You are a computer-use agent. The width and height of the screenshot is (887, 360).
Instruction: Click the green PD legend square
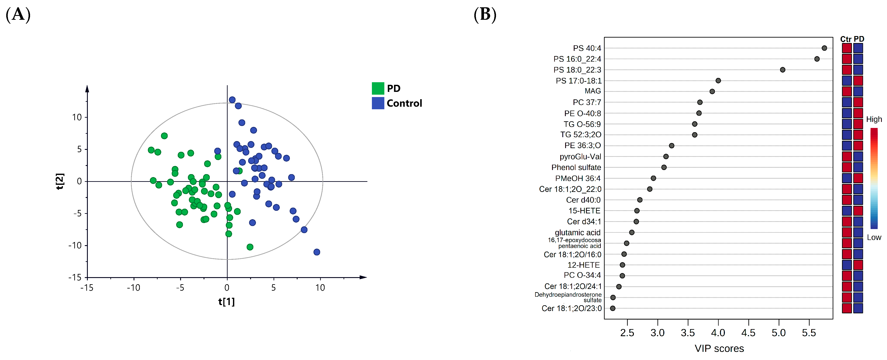coord(377,88)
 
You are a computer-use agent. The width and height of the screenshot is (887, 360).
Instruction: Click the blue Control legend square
coord(377,103)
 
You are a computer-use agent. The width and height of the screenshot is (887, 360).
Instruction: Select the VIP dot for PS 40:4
coord(824,48)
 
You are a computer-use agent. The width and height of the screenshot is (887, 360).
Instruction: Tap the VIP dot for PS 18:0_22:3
coord(782,70)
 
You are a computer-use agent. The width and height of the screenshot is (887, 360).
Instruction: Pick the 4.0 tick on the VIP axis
coord(718,333)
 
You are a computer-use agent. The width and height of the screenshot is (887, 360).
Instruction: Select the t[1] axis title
coord(226,302)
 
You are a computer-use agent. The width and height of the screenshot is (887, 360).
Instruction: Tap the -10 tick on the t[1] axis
coord(134,288)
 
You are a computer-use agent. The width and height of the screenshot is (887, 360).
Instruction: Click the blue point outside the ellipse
coord(316,252)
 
